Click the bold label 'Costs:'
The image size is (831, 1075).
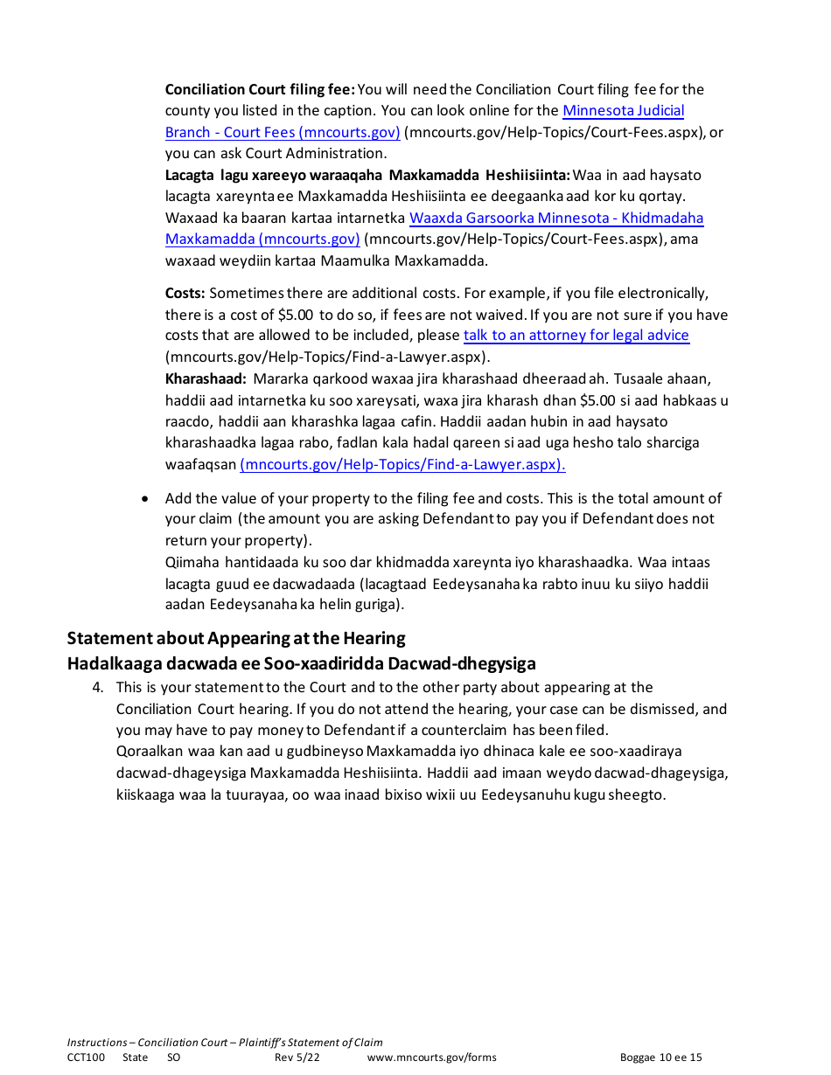(x=185, y=294)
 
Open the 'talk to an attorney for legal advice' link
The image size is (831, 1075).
(x=576, y=336)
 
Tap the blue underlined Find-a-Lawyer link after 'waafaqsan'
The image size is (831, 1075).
(x=402, y=464)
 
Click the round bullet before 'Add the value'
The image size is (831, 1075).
(x=145, y=498)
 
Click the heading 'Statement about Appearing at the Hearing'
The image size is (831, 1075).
(x=236, y=638)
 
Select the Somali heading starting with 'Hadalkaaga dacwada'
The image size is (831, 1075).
(x=301, y=663)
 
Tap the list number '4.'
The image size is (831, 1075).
(x=98, y=688)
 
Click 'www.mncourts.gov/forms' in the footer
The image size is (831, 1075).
(x=431, y=1058)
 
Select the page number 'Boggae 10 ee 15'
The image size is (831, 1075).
(x=660, y=1058)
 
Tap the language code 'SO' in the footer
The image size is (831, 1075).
(x=173, y=1058)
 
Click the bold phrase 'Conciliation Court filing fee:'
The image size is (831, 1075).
(x=260, y=89)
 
